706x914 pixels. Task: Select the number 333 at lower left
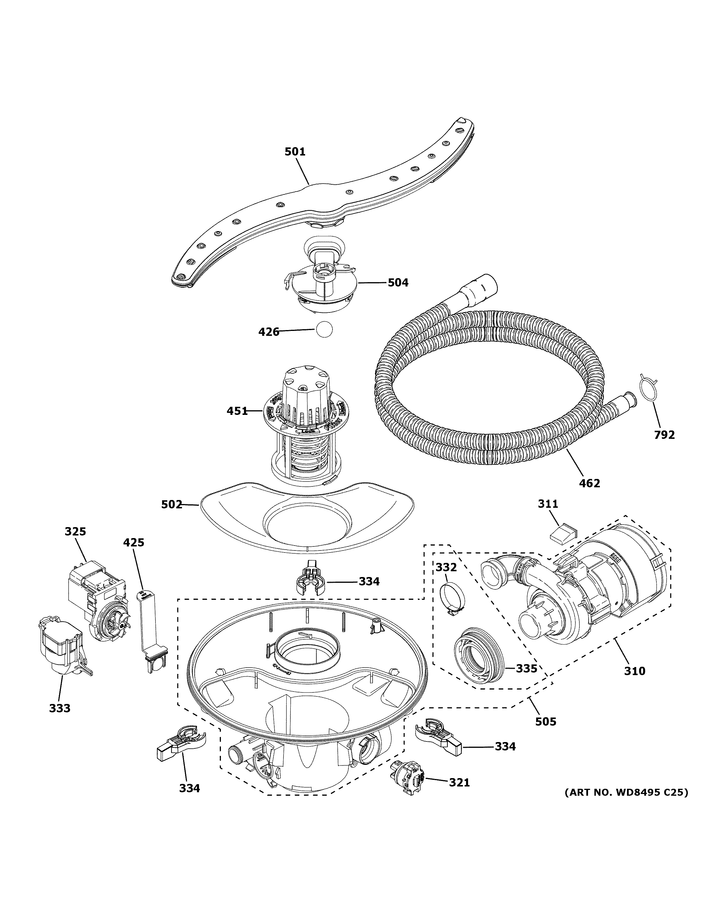59,708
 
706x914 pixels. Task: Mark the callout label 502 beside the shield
172,505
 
